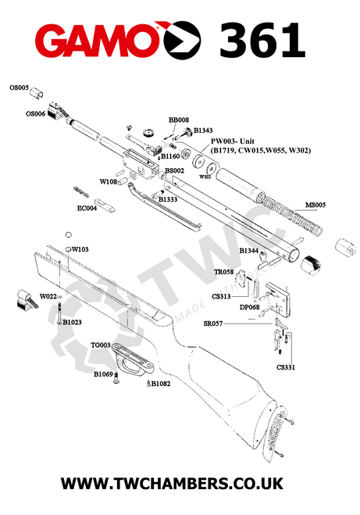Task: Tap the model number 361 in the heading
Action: (262, 41)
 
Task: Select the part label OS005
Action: (19, 88)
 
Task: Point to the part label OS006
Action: (35, 114)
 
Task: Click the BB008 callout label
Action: (179, 120)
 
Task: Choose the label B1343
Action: (203, 131)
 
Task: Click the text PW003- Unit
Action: (233, 141)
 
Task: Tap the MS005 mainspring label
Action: (315, 205)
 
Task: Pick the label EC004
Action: (87, 208)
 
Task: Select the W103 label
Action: (80, 249)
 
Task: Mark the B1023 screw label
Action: (72, 322)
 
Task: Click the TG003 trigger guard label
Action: (101, 345)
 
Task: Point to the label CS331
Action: (286, 367)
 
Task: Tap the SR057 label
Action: (213, 324)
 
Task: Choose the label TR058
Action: (224, 272)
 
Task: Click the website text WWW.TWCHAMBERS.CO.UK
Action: (172, 484)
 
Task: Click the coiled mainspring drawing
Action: (290, 214)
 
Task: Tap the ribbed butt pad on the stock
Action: (273, 434)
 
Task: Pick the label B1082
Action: (161, 384)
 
